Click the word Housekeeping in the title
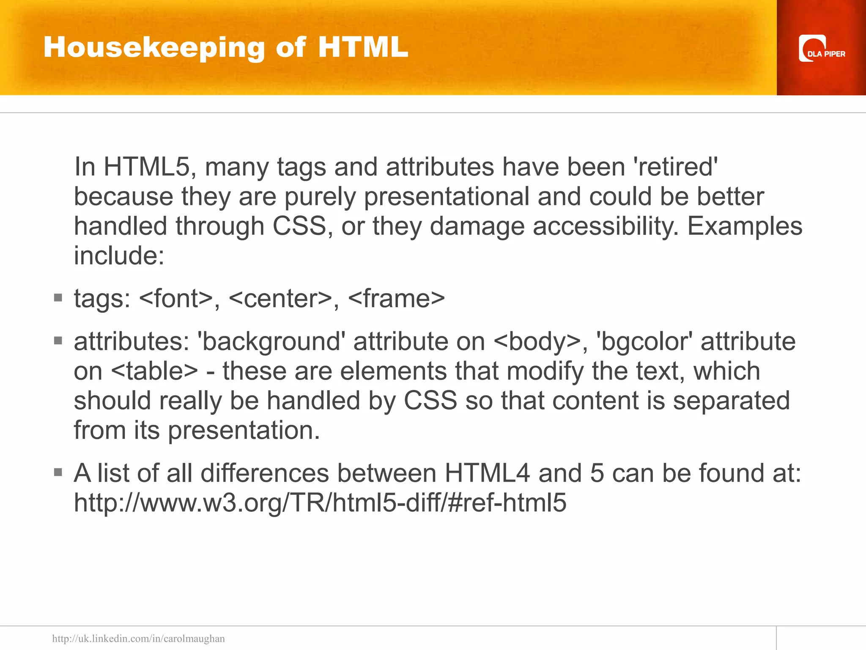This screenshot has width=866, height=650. click(x=154, y=47)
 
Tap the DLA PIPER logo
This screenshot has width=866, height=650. click(x=821, y=49)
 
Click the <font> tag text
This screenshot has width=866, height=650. click(x=175, y=298)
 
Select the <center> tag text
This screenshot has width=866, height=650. click(x=280, y=298)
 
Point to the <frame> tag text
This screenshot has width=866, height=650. click(x=396, y=298)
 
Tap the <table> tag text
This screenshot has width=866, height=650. click(x=154, y=371)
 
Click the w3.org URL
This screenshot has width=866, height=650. click(x=320, y=503)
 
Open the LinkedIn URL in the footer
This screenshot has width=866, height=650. click(x=138, y=639)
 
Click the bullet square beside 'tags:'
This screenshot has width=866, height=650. click(x=58, y=297)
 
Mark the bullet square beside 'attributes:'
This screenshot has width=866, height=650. click(x=58, y=340)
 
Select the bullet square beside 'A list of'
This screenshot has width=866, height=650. click(x=58, y=472)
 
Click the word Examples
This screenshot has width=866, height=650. click(x=745, y=226)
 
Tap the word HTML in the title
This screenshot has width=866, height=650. click(x=363, y=47)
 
